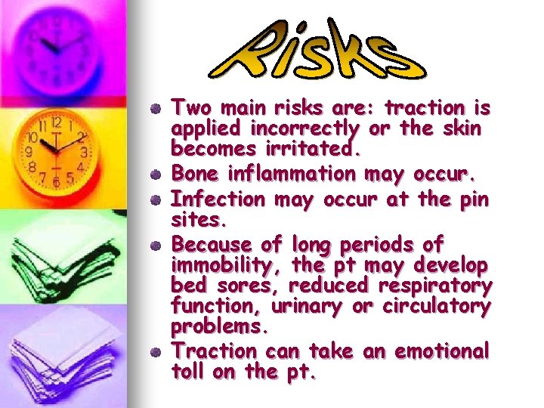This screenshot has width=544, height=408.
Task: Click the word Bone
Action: pos(193,174)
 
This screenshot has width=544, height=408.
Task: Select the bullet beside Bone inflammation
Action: pos(155,175)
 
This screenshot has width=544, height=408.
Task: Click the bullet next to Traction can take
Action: pos(155,351)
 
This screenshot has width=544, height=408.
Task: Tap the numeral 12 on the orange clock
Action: pos(56,122)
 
